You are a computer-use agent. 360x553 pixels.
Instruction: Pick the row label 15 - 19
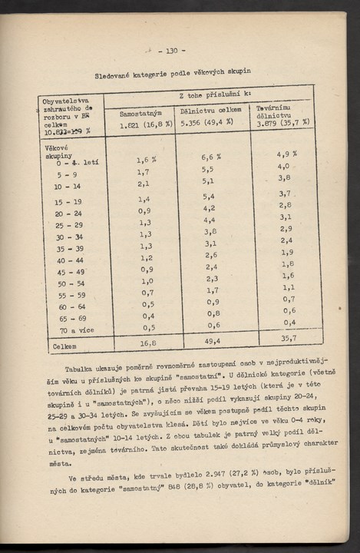point(68,202)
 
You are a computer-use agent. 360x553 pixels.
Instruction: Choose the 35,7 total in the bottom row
point(289,337)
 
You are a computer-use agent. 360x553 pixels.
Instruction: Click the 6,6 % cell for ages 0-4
point(210,157)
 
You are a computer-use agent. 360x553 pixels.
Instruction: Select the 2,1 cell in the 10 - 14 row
point(144,184)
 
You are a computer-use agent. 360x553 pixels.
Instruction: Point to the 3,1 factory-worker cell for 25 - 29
point(286,217)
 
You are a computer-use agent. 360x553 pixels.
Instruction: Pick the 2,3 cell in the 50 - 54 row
point(211,279)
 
